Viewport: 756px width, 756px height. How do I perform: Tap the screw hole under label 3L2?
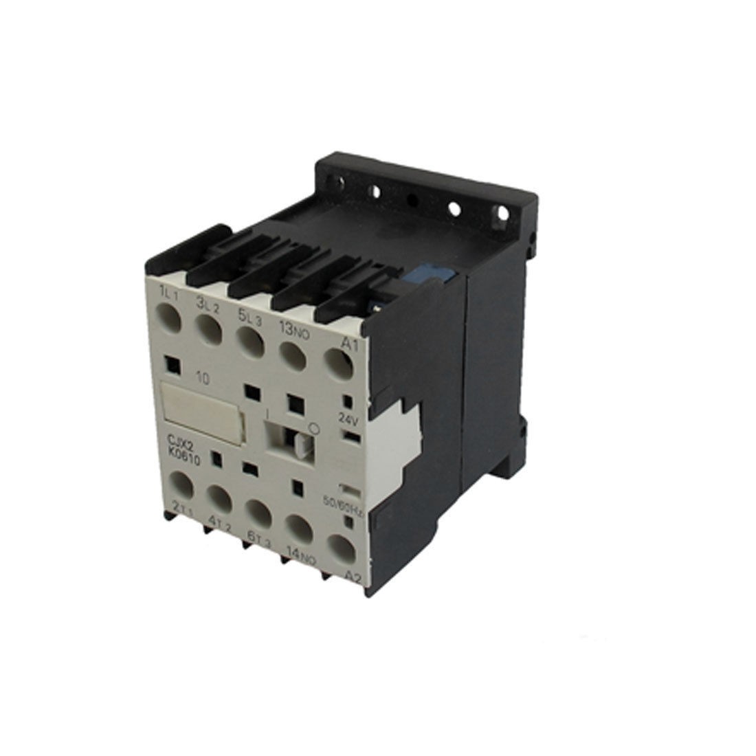coord(210,329)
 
